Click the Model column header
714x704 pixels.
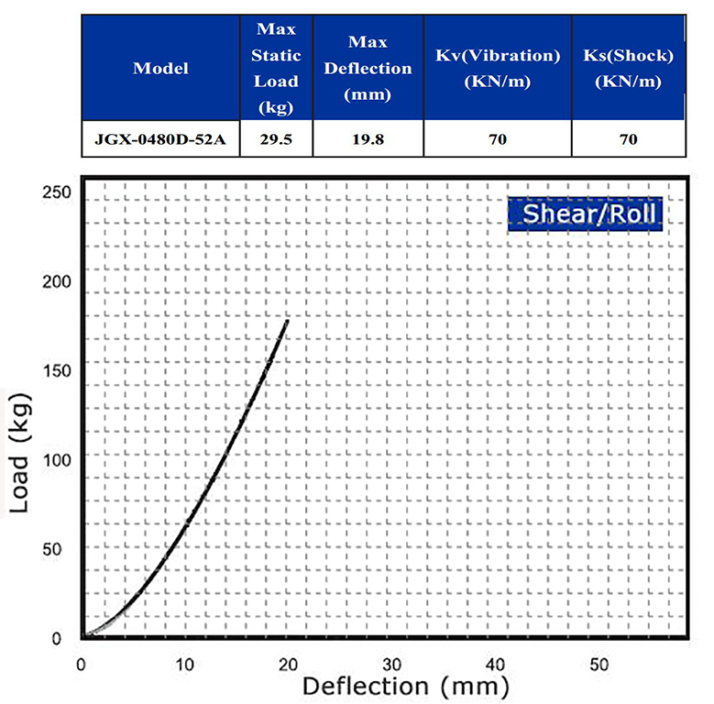point(160,68)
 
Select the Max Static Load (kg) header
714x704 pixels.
point(276,68)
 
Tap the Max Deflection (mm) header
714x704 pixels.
point(368,68)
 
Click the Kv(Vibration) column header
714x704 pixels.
point(497,68)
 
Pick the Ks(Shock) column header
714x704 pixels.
point(628,68)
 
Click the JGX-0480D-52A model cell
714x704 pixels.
point(160,140)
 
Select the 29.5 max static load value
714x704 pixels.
point(276,140)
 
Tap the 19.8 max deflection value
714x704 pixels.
point(368,140)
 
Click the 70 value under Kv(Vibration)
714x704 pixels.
point(497,140)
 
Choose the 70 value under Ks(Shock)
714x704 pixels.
point(628,140)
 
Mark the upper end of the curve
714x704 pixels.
point(288,321)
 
